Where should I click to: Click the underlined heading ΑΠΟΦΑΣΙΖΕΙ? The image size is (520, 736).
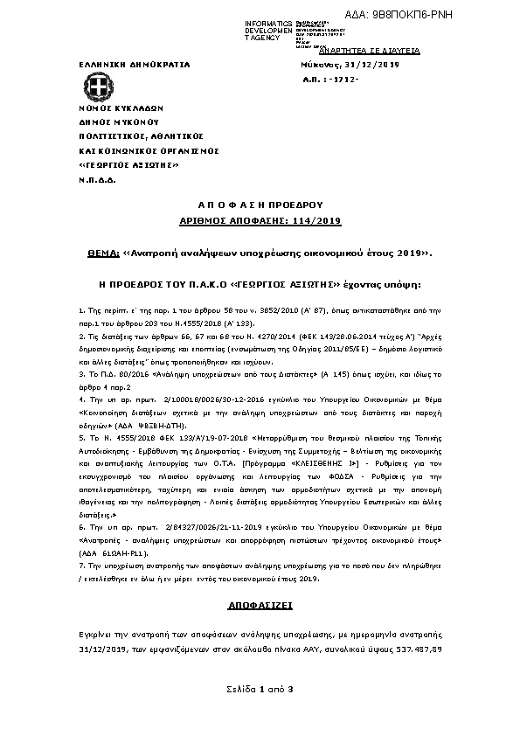(x=260, y=605)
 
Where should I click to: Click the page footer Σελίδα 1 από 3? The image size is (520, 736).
(x=260, y=691)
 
